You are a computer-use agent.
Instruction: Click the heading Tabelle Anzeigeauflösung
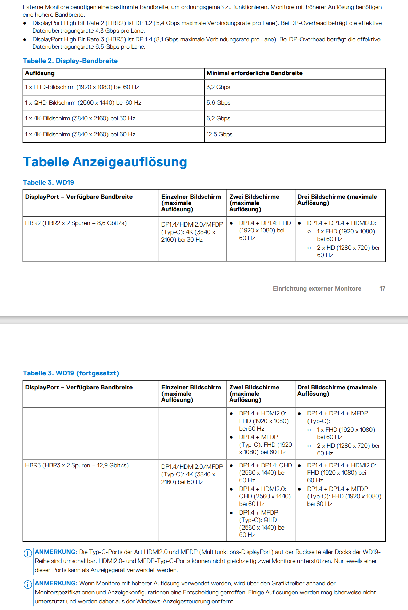pyautogui.click(x=105, y=162)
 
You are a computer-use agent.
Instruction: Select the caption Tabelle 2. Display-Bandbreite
pyautogui.click(x=70, y=61)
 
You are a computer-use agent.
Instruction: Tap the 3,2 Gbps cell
pyautogui.click(x=218, y=87)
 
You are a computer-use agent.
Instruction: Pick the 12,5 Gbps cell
pyautogui.click(x=219, y=134)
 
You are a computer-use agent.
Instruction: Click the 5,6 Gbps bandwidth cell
pyautogui.click(x=218, y=103)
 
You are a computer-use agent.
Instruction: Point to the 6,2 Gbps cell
pyautogui.click(x=218, y=118)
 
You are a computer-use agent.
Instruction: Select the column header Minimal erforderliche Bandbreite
pyautogui.click(x=254, y=73)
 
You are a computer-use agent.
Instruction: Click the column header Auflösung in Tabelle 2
pyautogui.click(x=40, y=73)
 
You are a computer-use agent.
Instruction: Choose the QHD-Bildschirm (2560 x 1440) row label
pyautogui.click(x=83, y=103)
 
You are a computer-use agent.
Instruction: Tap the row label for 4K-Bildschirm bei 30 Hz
pyautogui.click(x=80, y=118)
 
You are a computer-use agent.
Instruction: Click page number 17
pyautogui.click(x=382, y=288)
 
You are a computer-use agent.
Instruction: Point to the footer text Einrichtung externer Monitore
pyautogui.click(x=317, y=288)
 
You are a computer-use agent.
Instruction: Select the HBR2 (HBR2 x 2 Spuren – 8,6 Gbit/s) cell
pyautogui.click(x=76, y=223)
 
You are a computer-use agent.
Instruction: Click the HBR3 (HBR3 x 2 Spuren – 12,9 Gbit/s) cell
pyautogui.click(x=77, y=465)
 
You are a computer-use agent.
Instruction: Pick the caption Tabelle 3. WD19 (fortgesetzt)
pyautogui.click(x=71, y=373)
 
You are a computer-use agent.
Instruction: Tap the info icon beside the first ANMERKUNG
pyautogui.click(x=28, y=553)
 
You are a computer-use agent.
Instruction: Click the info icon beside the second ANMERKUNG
pyautogui.click(x=28, y=585)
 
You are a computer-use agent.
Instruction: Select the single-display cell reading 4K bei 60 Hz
pyautogui.click(x=192, y=474)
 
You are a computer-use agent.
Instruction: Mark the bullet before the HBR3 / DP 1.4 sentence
pyautogui.click(x=25, y=40)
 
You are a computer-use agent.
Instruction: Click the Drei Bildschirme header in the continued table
pyautogui.click(x=337, y=390)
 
